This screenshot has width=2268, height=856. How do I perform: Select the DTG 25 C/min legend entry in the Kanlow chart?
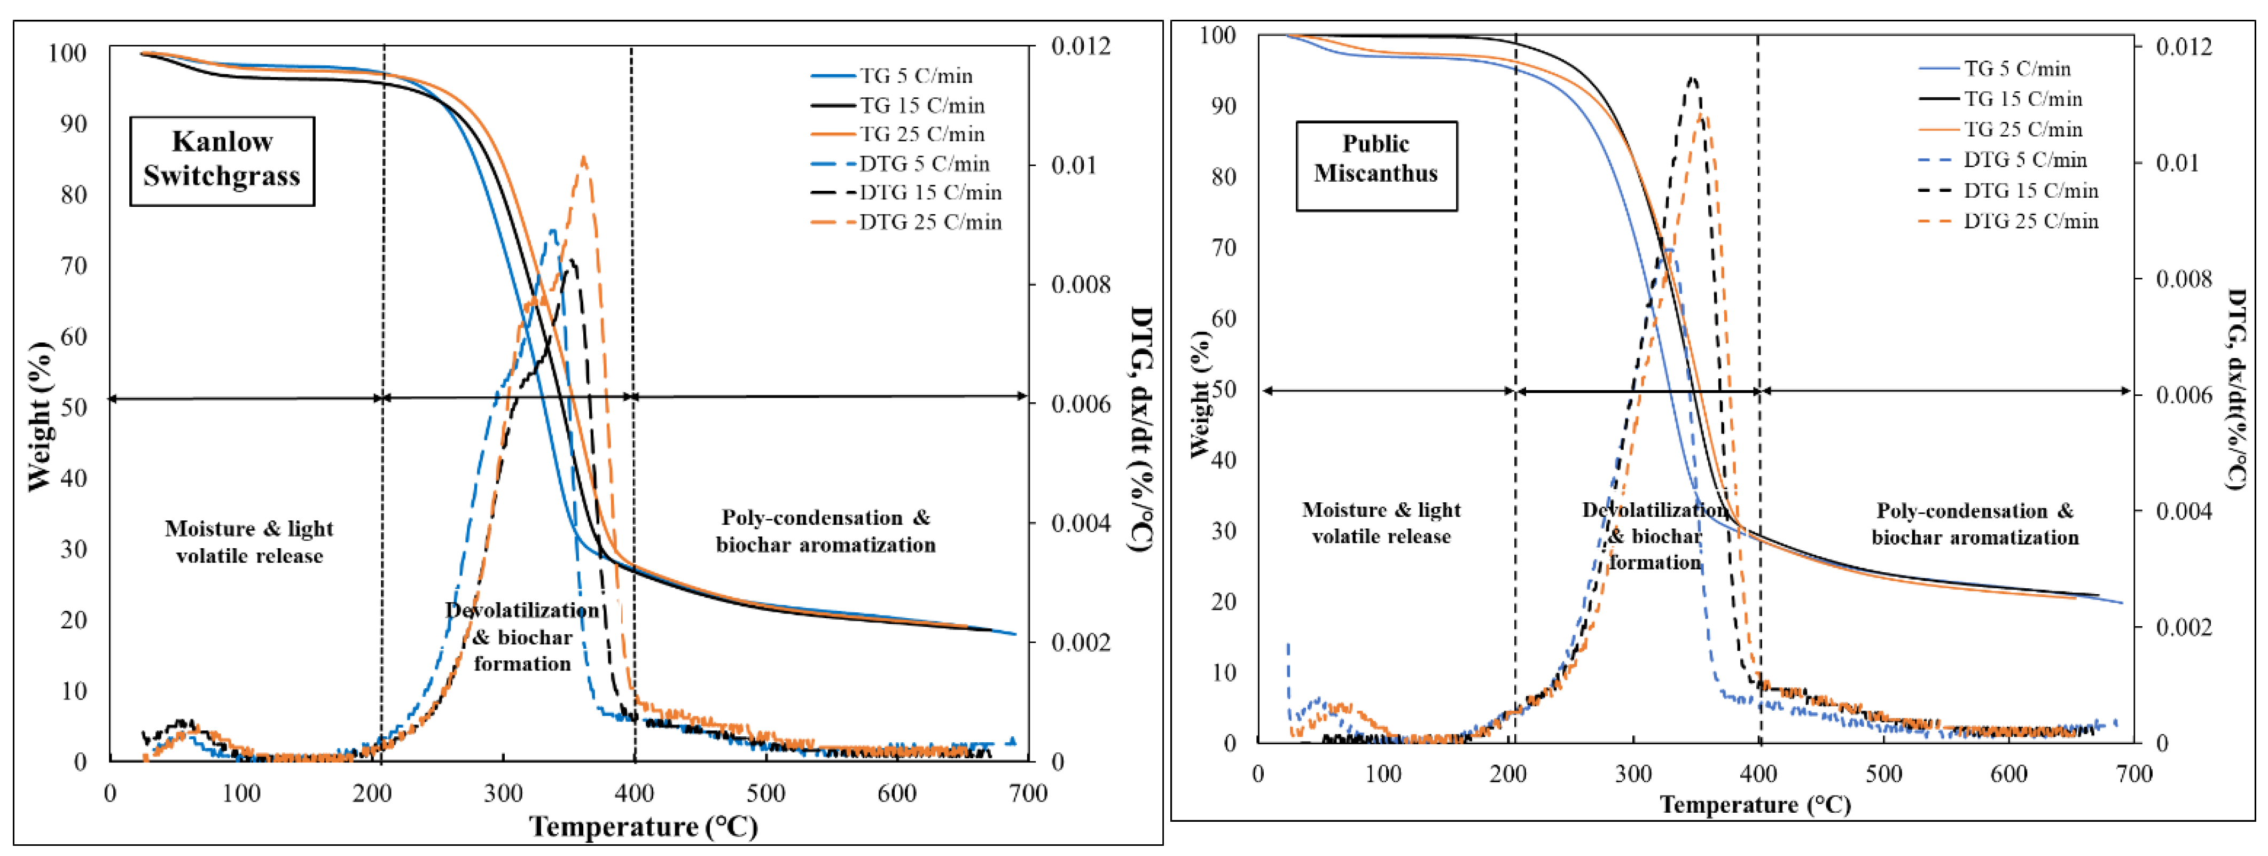tap(907, 222)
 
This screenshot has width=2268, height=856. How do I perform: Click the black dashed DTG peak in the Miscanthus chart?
tap(1691, 79)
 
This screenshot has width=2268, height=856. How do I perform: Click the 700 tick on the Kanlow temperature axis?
tap(1028, 792)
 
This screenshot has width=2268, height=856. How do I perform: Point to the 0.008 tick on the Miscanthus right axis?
tap(2184, 279)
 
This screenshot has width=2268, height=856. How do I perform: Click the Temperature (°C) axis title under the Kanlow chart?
tap(643, 826)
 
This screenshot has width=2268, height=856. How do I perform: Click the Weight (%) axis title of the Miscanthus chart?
tap(1200, 394)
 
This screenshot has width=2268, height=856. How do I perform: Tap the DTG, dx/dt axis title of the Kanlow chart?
tap(1141, 429)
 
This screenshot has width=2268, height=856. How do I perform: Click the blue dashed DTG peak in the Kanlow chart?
tap(553, 231)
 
